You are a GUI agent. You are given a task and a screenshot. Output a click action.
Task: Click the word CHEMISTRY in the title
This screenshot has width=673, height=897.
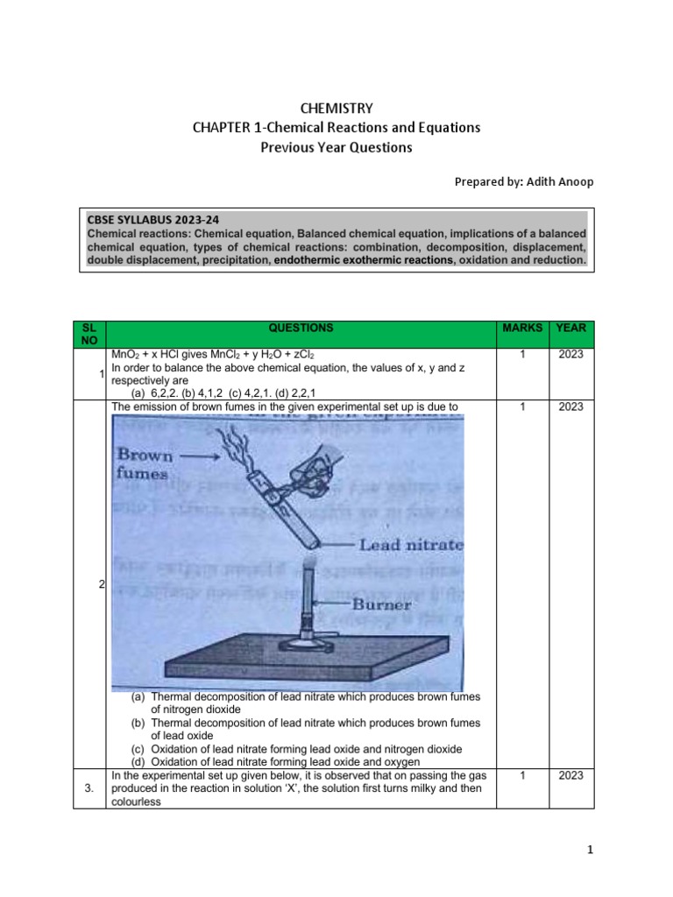pos(336,109)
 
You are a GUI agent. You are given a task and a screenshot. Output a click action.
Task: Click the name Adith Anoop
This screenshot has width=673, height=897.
pos(542,181)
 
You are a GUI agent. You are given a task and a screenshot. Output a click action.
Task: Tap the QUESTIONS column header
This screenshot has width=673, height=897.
pos(301,328)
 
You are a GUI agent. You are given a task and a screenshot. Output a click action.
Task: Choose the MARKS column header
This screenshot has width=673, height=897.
pos(522,328)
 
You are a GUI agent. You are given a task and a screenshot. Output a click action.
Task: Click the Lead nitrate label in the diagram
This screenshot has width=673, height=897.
pos(409,545)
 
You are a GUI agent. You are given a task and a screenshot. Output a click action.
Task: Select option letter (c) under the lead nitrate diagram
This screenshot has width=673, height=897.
pos(138,749)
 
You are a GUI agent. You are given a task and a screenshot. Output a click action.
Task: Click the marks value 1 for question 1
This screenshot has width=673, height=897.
pos(522,354)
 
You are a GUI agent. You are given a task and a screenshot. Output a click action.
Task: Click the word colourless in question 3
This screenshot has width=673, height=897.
pos(137,800)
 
